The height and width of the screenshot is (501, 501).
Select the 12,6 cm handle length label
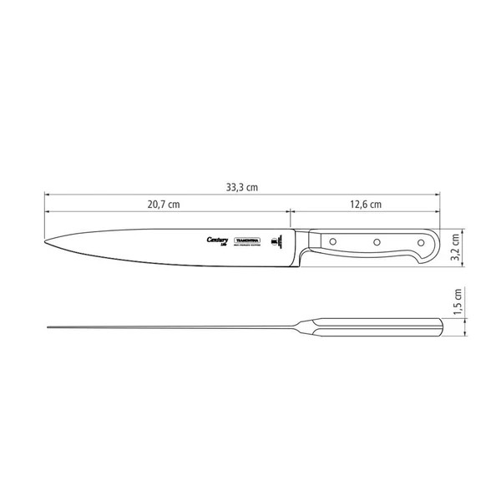[x=365, y=205]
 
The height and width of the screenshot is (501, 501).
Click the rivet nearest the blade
[x=332, y=241]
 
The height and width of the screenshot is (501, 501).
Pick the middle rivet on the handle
[x=377, y=241]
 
